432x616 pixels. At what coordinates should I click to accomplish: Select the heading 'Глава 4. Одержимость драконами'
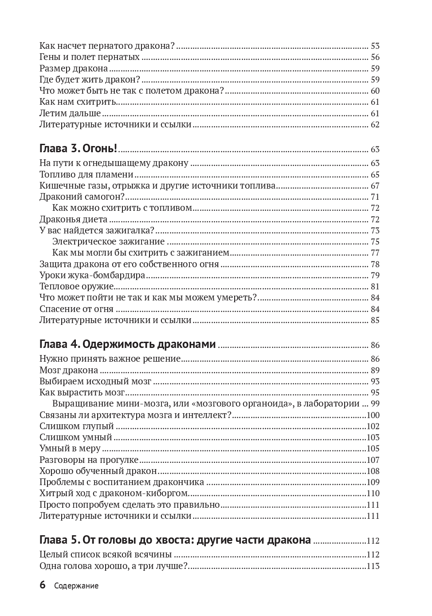coord(127,344)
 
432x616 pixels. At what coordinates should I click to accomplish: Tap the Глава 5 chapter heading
coord(175,540)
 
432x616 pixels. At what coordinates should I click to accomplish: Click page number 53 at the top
coord(375,46)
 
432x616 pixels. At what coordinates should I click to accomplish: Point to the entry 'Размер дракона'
coord(74,68)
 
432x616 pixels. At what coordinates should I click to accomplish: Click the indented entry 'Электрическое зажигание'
coord(108,241)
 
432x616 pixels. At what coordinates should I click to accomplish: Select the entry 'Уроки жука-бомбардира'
coord(92,275)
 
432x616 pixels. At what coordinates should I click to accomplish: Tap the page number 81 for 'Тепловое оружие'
coord(375,287)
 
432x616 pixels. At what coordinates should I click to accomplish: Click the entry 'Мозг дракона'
coord(69,370)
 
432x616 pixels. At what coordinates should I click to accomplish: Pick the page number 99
coord(375,404)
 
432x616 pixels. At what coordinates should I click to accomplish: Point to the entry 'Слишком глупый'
coord(77,426)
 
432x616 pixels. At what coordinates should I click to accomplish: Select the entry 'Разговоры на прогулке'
coord(89,460)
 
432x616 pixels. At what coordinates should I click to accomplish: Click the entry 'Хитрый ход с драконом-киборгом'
coord(114,493)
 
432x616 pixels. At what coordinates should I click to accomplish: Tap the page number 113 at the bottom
coord(373,566)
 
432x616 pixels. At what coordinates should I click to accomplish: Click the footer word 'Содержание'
coord(76,586)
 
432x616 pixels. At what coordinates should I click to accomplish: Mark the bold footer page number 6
coord(43,585)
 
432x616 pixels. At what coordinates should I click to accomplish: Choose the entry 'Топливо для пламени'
coord(86,174)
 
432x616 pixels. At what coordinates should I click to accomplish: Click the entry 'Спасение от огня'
coord(76,309)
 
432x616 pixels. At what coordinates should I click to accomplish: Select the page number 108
coord(373,471)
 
